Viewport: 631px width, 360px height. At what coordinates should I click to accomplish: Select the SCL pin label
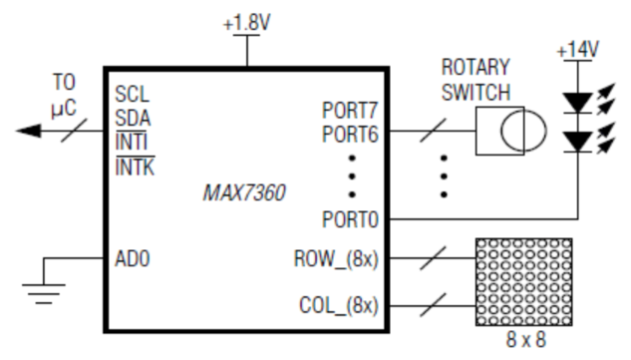(131, 95)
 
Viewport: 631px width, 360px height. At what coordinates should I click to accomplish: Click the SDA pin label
(132, 117)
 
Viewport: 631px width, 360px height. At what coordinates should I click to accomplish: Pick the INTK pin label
(134, 163)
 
